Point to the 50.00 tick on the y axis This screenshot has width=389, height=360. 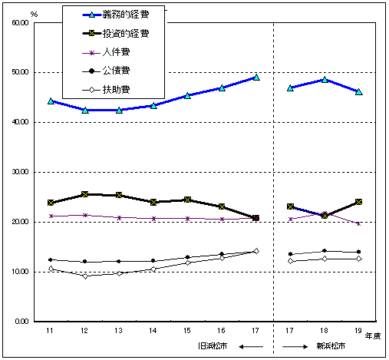click(x=20, y=72)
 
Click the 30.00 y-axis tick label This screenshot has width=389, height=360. click(x=20, y=172)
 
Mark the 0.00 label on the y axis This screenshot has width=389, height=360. click(x=21, y=322)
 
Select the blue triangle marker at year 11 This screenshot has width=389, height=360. click(x=51, y=101)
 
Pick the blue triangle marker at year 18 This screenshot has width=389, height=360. click(x=325, y=79)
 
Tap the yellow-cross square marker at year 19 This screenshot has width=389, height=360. click(x=358, y=202)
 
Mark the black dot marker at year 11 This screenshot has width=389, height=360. click(x=51, y=260)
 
